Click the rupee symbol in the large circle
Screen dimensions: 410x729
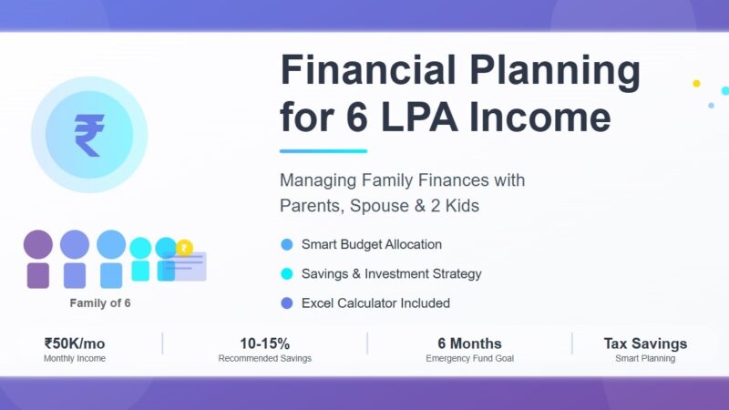[x=88, y=134]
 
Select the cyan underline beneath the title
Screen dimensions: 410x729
[x=323, y=151]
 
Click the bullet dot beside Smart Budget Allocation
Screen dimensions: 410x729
[x=287, y=244]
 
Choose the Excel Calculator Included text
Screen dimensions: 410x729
[x=375, y=302]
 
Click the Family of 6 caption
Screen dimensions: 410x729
[x=100, y=302]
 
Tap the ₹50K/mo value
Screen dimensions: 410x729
[x=75, y=343]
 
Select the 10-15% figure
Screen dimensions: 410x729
[x=264, y=343]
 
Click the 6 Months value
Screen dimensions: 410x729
[x=469, y=343]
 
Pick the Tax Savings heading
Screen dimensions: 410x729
[x=645, y=343]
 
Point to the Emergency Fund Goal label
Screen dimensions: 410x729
[x=469, y=359]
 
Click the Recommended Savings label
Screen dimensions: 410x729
[x=264, y=359]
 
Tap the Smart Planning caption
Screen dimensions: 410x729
[x=645, y=359]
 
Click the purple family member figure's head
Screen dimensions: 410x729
[x=38, y=244]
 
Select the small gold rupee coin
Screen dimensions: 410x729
[x=185, y=247]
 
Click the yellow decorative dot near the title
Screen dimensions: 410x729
[x=696, y=83]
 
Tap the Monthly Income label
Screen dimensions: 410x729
[x=75, y=359]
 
